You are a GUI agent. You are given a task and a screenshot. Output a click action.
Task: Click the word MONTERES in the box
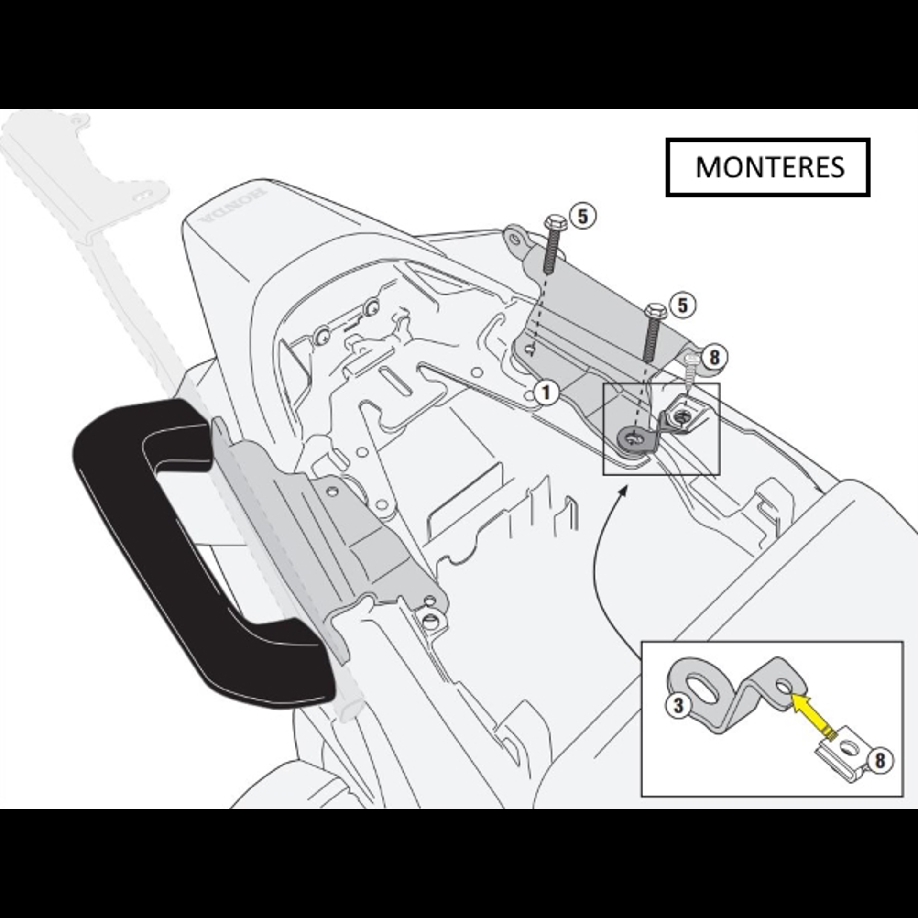pos(770,167)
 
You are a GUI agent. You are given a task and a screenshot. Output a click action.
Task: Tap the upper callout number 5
pos(582,217)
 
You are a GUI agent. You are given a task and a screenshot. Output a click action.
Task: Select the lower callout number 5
pos(683,306)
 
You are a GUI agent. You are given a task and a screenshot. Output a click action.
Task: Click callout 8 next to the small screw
pos(713,358)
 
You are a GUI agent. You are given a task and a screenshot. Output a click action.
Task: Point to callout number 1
pos(546,393)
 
